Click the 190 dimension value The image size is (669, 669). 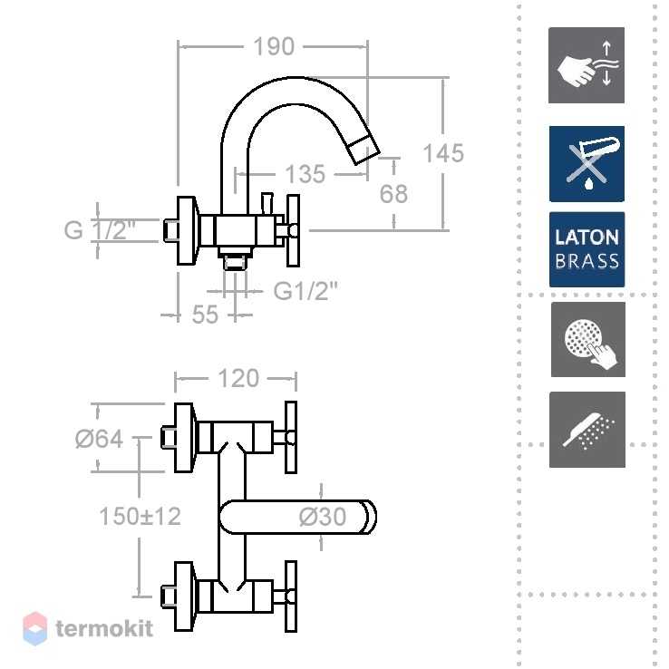click(x=274, y=46)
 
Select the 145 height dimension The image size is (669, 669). click(x=443, y=152)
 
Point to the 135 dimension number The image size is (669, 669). click(x=305, y=174)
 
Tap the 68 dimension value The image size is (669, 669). click(x=393, y=194)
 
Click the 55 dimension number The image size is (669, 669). click(x=205, y=315)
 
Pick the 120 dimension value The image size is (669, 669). click(x=238, y=378)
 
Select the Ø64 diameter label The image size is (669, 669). click(x=99, y=439)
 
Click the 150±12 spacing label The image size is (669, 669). click(x=140, y=516)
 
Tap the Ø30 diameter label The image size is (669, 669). click(x=322, y=517)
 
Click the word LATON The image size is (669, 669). click(x=587, y=238)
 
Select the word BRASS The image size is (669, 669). click(x=587, y=261)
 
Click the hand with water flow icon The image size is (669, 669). click(x=587, y=65)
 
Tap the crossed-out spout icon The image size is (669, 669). click(x=587, y=164)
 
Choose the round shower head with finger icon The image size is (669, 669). click(x=588, y=340)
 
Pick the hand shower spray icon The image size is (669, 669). click(x=587, y=430)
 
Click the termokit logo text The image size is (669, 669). click(x=104, y=628)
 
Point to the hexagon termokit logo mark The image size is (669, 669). click(x=35, y=628)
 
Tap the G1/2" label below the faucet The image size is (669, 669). click(x=305, y=291)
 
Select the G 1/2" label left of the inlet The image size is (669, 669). click(x=100, y=230)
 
